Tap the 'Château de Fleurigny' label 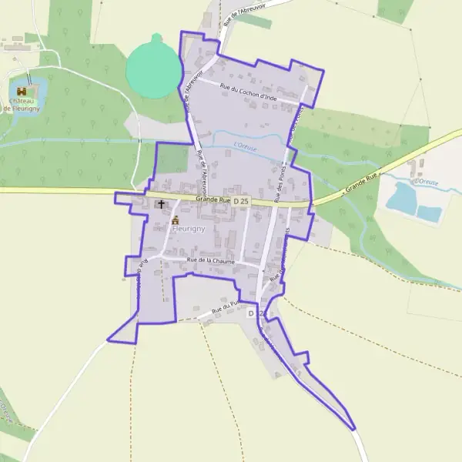coord(20,105)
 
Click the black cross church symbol coord(160,204)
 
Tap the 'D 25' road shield coord(242,201)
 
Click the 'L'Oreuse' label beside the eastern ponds coord(427,181)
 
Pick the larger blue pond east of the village coord(401,198)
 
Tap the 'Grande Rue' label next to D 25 coord(213,200)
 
